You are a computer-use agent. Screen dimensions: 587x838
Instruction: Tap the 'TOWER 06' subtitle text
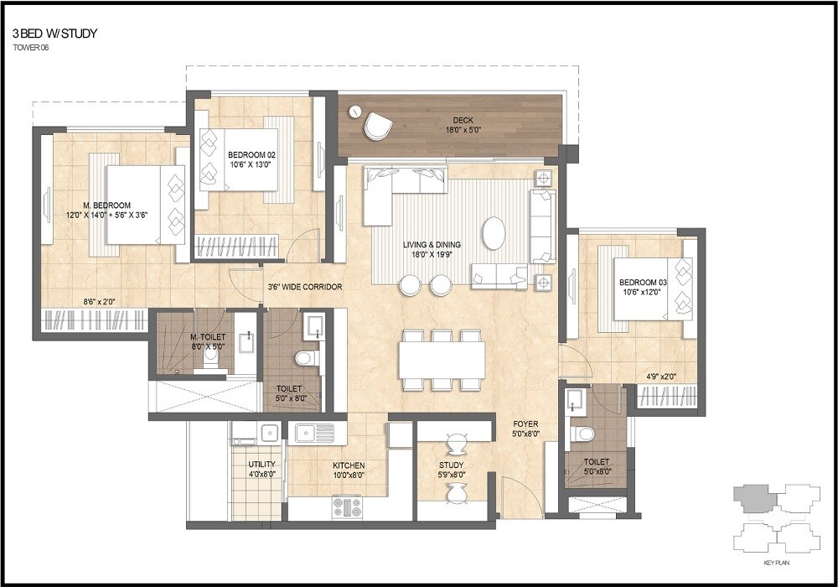(32, 48)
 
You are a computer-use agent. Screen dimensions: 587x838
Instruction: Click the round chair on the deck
(378, 127)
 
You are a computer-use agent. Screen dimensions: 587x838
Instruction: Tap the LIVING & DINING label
(432, 244)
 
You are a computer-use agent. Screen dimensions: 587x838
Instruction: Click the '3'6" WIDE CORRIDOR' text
(304, 287)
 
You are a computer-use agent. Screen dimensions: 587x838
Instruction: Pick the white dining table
(442, 361)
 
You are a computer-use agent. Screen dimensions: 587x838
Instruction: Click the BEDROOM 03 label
(642, 283)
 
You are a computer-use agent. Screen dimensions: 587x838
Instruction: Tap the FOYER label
(525, 424)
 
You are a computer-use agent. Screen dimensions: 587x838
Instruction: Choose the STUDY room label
(451, 465)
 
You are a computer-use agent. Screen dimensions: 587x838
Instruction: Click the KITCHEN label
(348, 465)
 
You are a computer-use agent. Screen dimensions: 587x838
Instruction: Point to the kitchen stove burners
(346, 506)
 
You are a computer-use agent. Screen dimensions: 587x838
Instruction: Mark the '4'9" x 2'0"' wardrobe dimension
(661, 376)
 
